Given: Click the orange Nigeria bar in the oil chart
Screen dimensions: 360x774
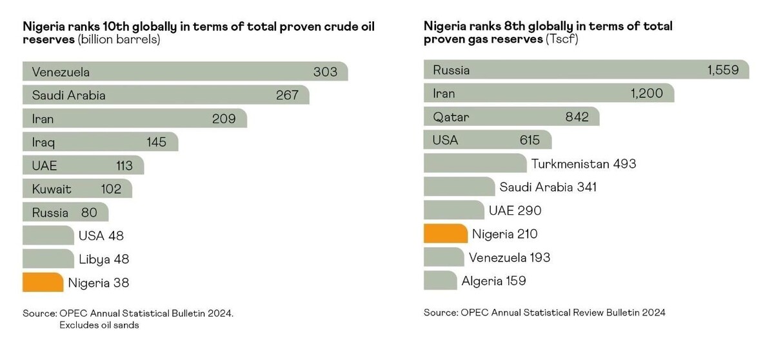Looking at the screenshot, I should tap(43, 282).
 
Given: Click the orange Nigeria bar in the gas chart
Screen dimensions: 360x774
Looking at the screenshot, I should tap(445, 234).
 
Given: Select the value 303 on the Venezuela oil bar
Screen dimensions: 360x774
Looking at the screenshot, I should tap(325, 72).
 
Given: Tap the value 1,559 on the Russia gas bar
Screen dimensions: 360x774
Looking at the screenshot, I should tap(722, 70).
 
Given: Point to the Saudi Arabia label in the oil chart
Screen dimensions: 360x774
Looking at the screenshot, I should tap(68, 95).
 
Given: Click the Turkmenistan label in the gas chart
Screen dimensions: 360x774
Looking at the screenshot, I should tap(570, 164).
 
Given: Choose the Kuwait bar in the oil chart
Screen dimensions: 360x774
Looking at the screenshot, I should tap(77, 189).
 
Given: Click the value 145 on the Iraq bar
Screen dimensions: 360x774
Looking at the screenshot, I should tap(156, 142).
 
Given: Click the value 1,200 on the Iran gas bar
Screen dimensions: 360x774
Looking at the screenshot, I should tap(646, 94).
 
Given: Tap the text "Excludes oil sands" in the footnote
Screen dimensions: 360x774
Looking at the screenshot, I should tap(99, 325).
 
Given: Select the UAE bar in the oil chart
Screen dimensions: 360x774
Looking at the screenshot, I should tap(83, 166).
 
